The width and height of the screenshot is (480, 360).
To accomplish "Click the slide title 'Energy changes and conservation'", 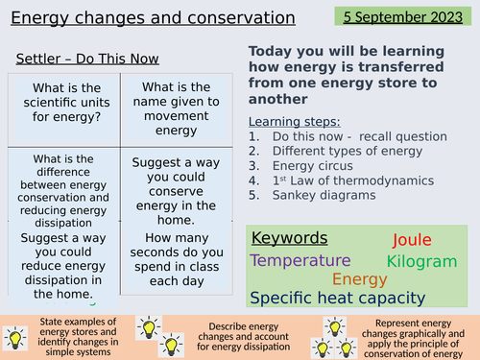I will point(152,17).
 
